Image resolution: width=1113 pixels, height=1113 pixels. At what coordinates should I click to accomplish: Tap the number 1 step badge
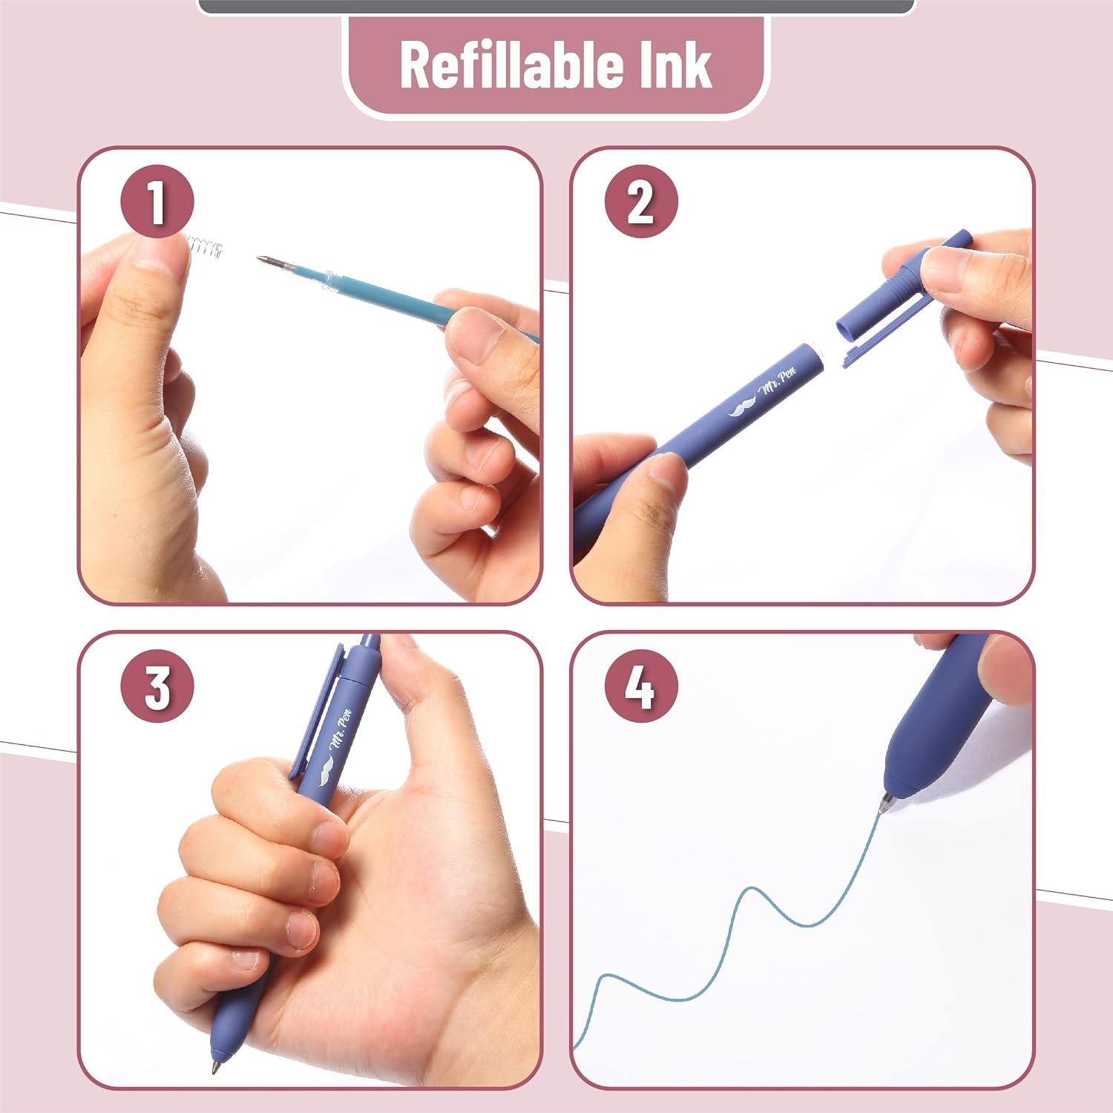point(157,201)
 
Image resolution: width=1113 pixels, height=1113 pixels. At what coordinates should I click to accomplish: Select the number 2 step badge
point(641,201)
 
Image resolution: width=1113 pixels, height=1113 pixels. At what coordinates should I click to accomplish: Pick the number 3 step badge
point(157,686)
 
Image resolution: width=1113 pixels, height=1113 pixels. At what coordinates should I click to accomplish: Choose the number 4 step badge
point(641,686)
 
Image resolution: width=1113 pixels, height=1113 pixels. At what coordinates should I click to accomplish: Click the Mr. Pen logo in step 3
point(336,746)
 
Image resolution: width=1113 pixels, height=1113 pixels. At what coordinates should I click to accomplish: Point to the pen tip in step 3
point(215,1066)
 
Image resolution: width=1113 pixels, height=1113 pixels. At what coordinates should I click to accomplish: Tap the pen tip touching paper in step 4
point(884,804)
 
